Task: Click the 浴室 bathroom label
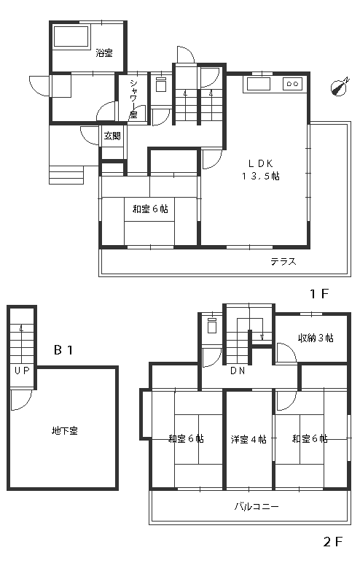point(104,53)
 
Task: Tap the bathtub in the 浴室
point(71,36)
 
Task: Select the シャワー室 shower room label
point(133,99)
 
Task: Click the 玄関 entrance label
point(112,136)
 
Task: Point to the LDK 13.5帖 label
point(260,170)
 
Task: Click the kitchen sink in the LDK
point(258,85)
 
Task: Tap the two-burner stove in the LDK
point(292,84)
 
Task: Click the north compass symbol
point(340,87)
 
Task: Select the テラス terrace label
point(283,261)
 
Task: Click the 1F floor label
point(320,294)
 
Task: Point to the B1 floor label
point(63,350)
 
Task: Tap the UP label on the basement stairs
point(22,371)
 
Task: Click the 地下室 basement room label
point(65,430)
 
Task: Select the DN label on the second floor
point(238,371)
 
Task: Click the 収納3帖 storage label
point(316,338)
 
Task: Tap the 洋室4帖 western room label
point(249,439)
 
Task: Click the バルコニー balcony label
point(256,506)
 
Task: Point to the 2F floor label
point(332,542)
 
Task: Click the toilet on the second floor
point(212,325)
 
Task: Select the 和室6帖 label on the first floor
point(150,209)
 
